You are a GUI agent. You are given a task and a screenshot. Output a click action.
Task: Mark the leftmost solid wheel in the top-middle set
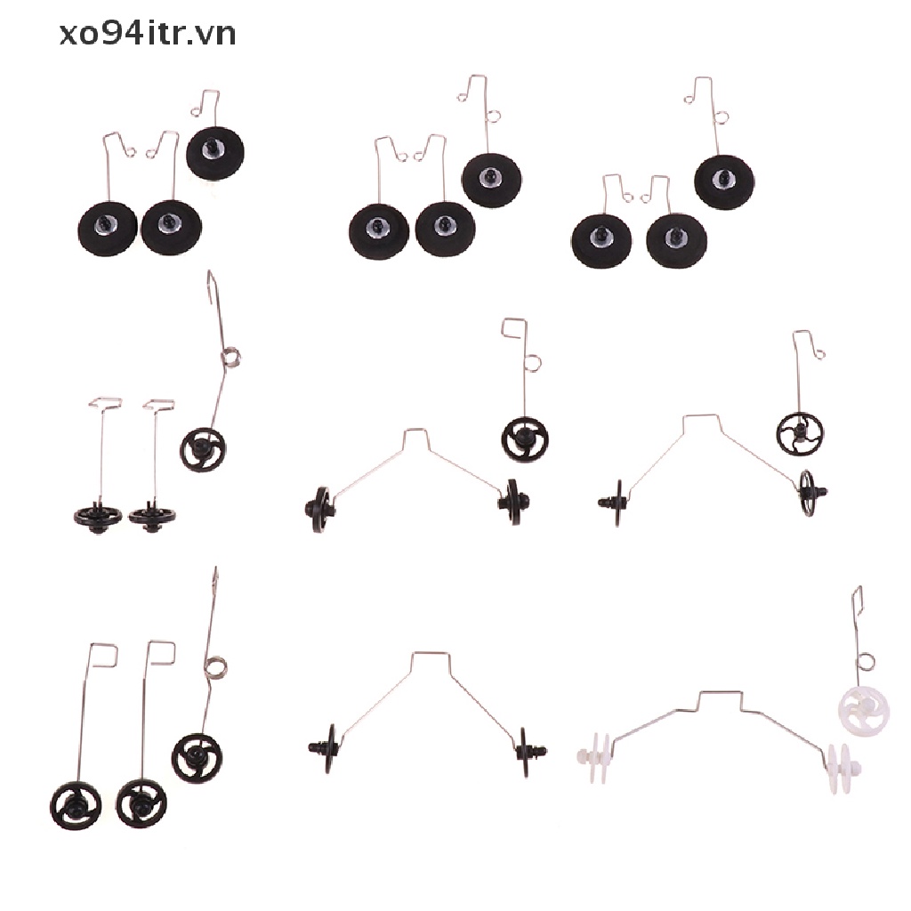click(x=378, y=230)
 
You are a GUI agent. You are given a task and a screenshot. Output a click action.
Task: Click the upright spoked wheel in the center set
click(x=524, y=439)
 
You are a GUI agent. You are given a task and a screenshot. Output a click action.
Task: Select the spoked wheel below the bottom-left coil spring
click(x=197, y=759)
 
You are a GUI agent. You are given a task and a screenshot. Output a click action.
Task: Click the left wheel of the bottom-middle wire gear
click(x=327, y=746)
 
